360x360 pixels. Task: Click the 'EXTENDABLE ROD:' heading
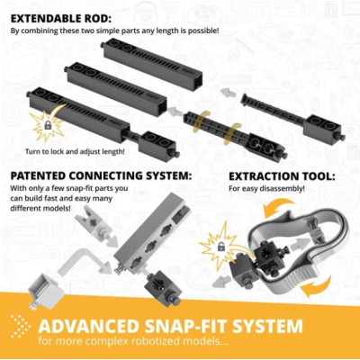click(61, 18)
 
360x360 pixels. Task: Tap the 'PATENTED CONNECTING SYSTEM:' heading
click(101, 175)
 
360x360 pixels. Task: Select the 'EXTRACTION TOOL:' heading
click(282, 176)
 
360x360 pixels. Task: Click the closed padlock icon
click(48, 125)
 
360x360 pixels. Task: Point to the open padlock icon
click(220, 247)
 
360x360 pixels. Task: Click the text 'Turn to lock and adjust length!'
click(75, 151)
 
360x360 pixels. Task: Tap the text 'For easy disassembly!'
click(266, 189)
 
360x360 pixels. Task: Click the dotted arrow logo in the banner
click(21, 327)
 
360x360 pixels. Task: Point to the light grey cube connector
click(46, 290)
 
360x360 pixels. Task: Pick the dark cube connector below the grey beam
click(161, 287)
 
